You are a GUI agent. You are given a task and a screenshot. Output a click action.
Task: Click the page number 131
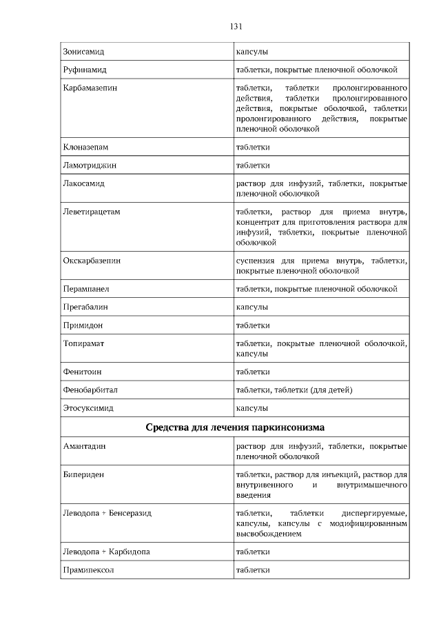(x=235, y=27)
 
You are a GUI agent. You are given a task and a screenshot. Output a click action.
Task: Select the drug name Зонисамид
(x=84, y=52)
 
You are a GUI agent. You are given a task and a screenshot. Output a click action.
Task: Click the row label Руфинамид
(x=85, y=70)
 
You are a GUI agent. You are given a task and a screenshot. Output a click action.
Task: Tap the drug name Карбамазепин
(x=90, y=89)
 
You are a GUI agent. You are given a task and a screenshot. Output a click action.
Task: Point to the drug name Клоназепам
(x=85, y=148)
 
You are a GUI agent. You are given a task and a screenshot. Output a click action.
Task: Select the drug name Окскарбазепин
(x=92, y=261)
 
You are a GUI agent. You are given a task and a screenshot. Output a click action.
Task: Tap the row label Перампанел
(x=86, y=289)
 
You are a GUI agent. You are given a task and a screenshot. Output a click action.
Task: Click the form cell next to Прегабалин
(x=252, y=307)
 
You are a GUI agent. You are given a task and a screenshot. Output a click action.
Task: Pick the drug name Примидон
(x=83, y=325)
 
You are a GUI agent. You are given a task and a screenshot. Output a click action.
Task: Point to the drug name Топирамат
(x=83, y=343)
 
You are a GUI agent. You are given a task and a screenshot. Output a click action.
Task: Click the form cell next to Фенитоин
(x=253, y=372)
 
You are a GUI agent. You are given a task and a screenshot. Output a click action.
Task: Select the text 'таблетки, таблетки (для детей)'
(x=294, y=390)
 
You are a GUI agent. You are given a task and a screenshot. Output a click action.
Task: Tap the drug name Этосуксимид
(x=88, y=408)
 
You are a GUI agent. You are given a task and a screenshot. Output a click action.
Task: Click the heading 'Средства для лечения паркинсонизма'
(x=235, y=427)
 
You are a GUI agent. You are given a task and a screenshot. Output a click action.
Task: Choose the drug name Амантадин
(x=84, y=447)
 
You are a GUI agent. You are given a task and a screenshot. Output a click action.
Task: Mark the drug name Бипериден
(x=83, y=475)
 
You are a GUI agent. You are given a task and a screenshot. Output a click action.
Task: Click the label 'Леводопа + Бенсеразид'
(x=107, y=514)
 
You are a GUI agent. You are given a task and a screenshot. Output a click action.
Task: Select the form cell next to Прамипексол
(x=253, y=570)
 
